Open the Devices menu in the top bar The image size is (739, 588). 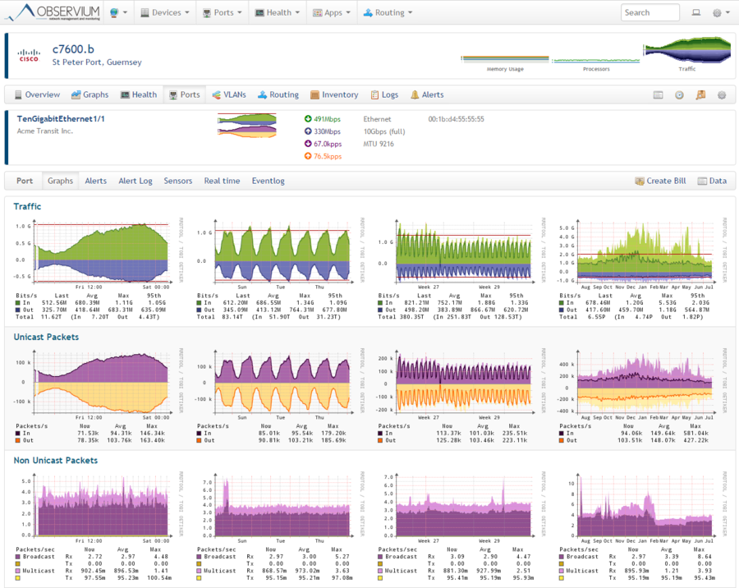pos(165,13)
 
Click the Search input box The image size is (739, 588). pos(650,13)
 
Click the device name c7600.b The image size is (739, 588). pos(72,49)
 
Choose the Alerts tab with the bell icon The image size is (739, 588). pos(427,95)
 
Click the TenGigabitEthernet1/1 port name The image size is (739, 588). pos(62,119)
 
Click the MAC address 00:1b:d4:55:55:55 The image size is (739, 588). pos(456,119)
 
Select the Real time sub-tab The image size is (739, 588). pos(222,181)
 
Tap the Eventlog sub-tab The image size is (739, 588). pos(268,181)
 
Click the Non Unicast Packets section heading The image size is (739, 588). pos(55,461)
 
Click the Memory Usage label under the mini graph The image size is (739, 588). pos(505,70)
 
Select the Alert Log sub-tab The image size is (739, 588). pos(135,181)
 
